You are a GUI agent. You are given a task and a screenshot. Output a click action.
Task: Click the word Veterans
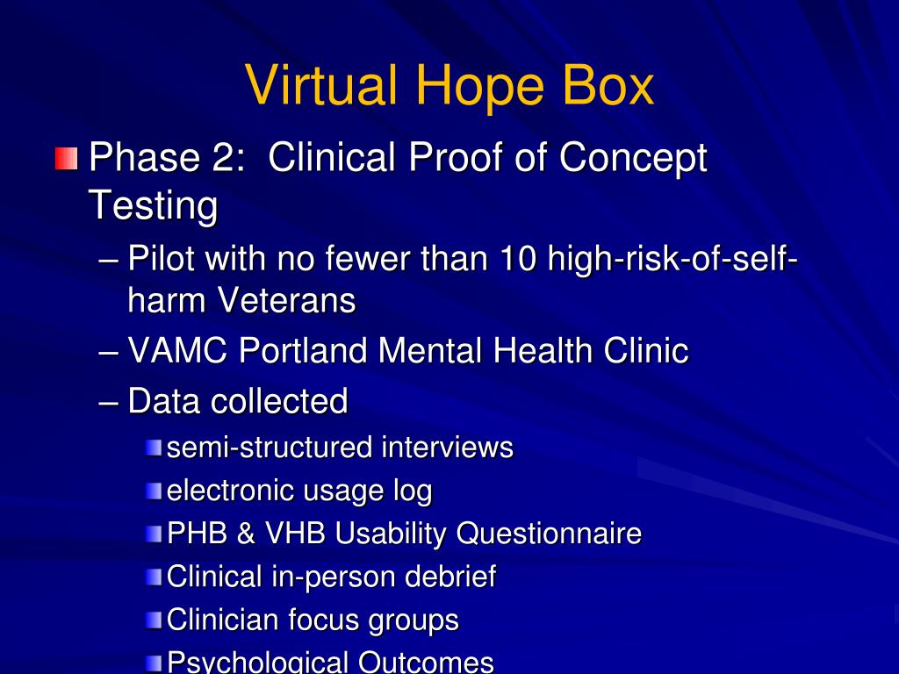click(x=286, y=301)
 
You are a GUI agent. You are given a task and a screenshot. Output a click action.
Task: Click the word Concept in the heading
click(x=634, y=158)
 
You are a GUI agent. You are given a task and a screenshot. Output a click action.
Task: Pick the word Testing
click(x=153, y=205)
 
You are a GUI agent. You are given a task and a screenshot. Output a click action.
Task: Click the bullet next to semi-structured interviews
click(x=155, y=448)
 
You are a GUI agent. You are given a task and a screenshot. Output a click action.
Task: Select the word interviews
click(x=447, y=448)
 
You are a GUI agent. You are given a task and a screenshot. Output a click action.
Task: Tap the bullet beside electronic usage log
click(x=155, y=491)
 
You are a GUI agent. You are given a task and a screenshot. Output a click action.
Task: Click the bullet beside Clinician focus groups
click(x=155, y=621)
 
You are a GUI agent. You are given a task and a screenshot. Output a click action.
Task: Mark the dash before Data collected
click(x=110, y=402)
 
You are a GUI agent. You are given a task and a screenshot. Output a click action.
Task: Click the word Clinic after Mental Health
click(x=645, y=351)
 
